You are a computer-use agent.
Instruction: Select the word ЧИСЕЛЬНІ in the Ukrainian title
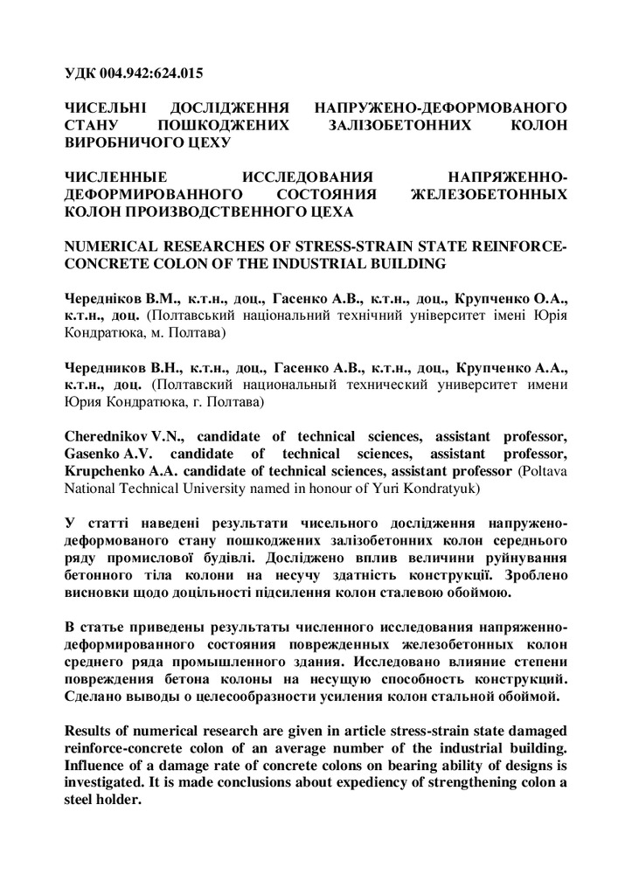click(x=106, y=108)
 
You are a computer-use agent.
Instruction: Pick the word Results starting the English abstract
click(x=93, y=730)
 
